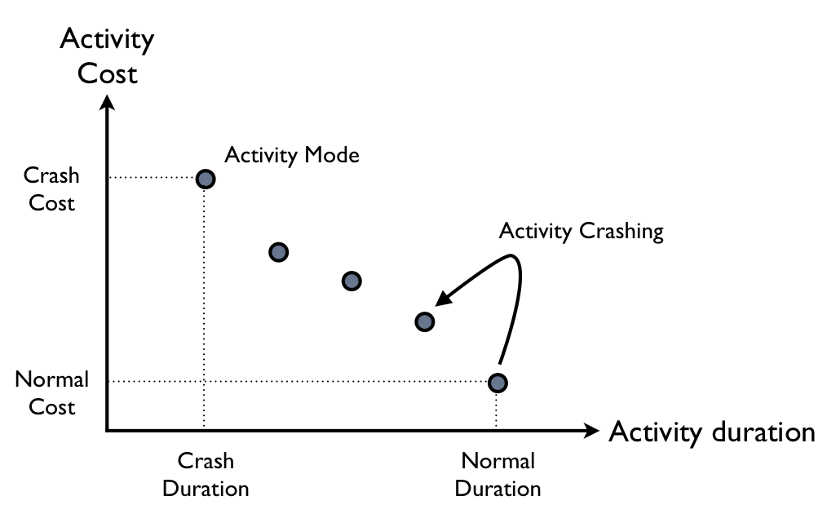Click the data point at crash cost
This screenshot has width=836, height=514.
click(x=206, y=179)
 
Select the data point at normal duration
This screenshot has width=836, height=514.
click(x=498, y=382)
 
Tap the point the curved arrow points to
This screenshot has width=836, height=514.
click(x=424, y=321)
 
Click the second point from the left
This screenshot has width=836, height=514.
click(x=279, y=252)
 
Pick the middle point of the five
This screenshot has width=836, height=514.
click(x=352, y=281)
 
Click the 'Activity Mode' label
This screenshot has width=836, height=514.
click(x=292, y=155)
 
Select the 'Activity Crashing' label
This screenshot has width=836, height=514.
click(x=582, y=231)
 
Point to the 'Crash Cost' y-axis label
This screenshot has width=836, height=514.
click(x=51, y=189)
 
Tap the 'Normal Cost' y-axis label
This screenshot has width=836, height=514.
click(x=51, y=392)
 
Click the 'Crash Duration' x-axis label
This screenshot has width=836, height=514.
click(x=206, y=475)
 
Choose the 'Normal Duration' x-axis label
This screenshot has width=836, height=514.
click(x=498, y=475)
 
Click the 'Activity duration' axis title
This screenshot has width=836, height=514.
click(x=711, y=432)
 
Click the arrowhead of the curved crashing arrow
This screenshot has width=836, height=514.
click(x=441, y=299)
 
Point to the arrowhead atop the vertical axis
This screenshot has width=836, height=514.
click(x=107, y=104)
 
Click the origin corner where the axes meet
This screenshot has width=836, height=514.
click(x=108, y=430)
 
